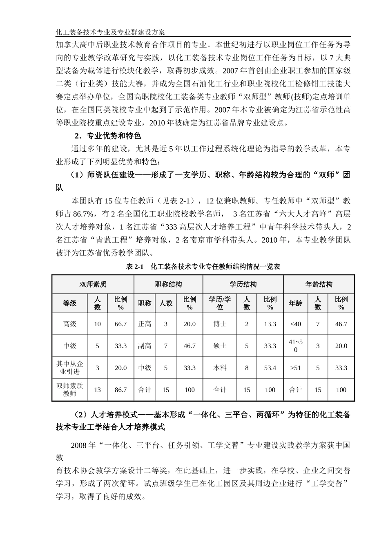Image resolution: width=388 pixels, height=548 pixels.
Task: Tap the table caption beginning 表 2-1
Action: click(203, 267)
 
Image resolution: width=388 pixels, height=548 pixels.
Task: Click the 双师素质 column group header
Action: click(93, 284)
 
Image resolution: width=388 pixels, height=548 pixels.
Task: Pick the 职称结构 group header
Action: click(168, 284)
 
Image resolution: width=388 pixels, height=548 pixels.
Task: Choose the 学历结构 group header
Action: click(243, 284)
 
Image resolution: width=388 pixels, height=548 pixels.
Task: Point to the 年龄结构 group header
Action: click(319, 284)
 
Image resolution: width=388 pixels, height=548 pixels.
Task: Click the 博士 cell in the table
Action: click(220, 324)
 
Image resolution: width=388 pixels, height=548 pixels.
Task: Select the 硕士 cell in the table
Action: click(220, 346)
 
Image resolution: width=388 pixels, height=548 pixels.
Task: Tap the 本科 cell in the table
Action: click(220, 368)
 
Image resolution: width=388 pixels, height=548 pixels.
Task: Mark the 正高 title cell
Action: click(145, 324)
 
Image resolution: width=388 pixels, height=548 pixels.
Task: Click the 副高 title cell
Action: click(145, 346)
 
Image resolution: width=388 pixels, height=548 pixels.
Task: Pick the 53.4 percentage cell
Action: click(270, 368)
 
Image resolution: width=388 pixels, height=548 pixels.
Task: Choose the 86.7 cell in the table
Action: click(120, 390)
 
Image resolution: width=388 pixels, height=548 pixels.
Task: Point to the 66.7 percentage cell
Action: click(120, 324)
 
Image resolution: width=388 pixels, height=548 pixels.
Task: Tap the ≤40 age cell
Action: click(295, 324)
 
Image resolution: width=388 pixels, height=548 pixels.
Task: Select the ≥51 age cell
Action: click(295, 368)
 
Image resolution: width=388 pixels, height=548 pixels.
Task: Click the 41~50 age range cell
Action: click(295, 346)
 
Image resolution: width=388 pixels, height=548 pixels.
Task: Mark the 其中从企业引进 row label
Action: click(69, 368)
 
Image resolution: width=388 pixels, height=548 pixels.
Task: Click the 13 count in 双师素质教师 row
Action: click(97, 390)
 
